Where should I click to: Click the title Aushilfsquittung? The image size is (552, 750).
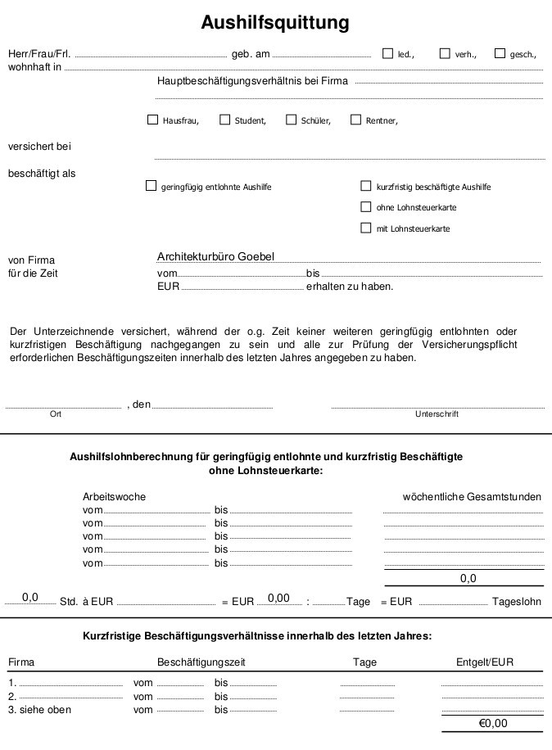point(275,23)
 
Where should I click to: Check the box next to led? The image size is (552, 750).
point(388,54)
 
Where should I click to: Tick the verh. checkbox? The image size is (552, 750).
point(445,54)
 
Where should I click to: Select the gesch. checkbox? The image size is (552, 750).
point(500,54)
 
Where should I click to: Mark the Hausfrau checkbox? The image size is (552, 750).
point(152,120)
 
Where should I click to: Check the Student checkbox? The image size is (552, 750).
point(225,120)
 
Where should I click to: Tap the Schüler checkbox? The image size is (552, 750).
point(291,120)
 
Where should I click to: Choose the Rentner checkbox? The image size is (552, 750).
point(355,120)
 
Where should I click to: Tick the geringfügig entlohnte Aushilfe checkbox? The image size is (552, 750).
point(151,186)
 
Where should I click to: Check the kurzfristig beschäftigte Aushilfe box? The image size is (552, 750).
point(366,186)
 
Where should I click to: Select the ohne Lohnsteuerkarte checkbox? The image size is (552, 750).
point(366,207)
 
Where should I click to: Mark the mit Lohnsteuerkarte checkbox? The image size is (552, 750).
point(366,228)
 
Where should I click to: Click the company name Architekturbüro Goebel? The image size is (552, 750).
point(216,256)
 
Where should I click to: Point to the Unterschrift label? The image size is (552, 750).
point(437,414)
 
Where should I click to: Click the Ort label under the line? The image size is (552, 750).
point(56,414)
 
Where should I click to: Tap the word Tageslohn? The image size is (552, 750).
point(517,601)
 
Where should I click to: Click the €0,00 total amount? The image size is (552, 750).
point(493,723)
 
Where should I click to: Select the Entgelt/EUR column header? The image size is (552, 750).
point(485,662)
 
